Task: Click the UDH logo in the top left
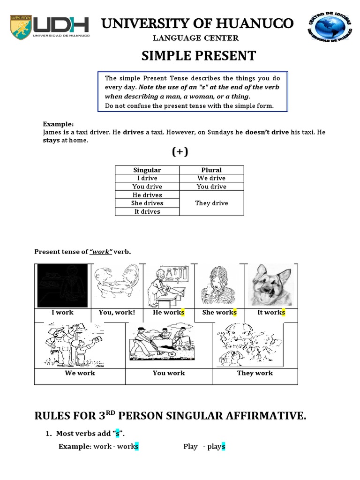[x=50, y=28]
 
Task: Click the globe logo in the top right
[x=331, y=28]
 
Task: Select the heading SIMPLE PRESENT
[x=199, y=56]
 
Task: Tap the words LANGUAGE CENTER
[x=199, y=38]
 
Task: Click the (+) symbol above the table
[x=180, y=152]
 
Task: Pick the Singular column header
[x=147, y=170]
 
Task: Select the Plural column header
[x=211, y=170]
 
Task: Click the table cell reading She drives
[x=147, y=203]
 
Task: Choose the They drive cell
[x=211, y=203]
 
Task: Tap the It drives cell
[x=147, y=211]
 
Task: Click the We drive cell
[x=211, y=178]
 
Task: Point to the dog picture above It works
[x=270, y=285]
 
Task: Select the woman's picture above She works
[x=218, y=285]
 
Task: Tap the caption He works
[x=169, y=313]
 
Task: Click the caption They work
[x=255, y=373]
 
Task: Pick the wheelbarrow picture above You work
[x=169, y=345]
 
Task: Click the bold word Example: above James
[x=58, y=124]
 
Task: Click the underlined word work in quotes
[x=101, y=252]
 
